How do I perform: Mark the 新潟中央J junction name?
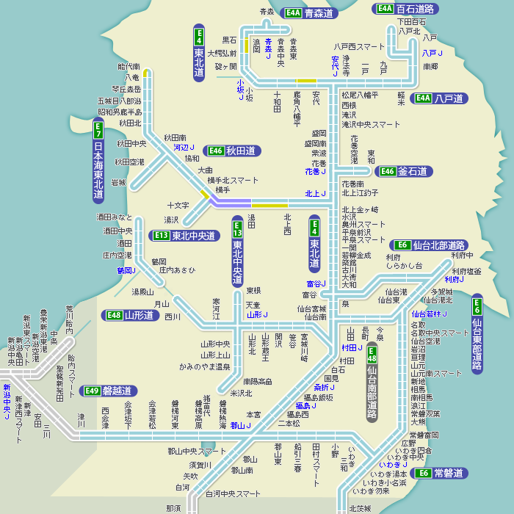(7, 402)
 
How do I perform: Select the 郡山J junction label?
(240, 425)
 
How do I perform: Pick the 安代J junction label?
(336, 66)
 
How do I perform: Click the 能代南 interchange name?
(128, 67)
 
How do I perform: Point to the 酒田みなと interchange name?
(115, 217)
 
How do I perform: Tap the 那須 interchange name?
(173, 508)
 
